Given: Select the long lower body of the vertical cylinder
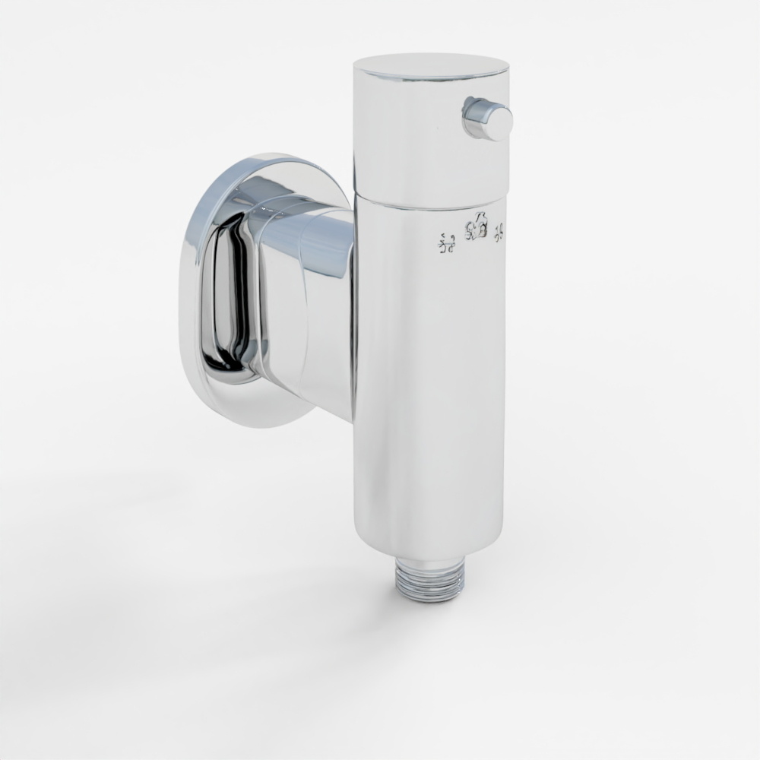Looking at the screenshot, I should pos(429,380).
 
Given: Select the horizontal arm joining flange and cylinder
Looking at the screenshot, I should pos(312,304).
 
